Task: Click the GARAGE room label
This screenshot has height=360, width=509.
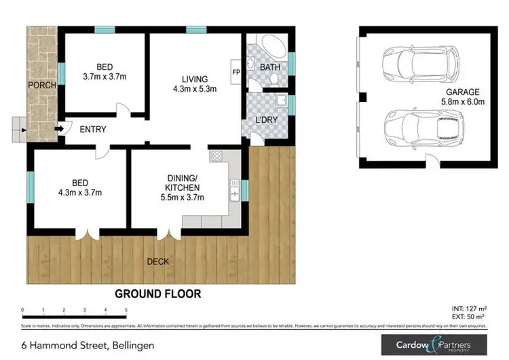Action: pos(463,92)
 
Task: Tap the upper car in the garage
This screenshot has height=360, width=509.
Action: pos(411,62)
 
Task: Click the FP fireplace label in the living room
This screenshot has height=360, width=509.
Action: pos(236,71)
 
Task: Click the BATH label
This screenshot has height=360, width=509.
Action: pos(269,67)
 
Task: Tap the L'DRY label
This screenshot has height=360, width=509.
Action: pos(267,120)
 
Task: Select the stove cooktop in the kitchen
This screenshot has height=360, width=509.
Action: pos(218,156)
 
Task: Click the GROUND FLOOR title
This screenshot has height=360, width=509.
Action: pos(157,294)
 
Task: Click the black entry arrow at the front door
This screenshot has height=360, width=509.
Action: pos(59,128)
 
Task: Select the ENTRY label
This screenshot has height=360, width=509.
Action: pos(92,129)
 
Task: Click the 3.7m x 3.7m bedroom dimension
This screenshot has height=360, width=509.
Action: pos(104,77)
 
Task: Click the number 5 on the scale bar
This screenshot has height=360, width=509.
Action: pos(126,310)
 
